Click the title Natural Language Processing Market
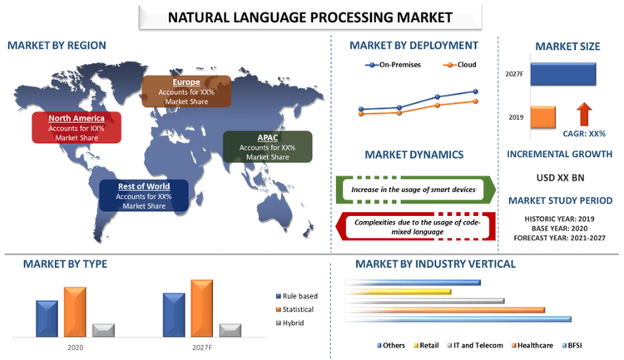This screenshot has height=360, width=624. (x=310, y=16)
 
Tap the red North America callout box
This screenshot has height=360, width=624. (x=77, y=127)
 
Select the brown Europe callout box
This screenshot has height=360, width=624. (x=186, y=91)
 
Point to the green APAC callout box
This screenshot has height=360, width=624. (x=266, y=146)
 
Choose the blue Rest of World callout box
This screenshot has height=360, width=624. (x=142, y=195)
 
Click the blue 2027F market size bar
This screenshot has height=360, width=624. (x=562, y=74)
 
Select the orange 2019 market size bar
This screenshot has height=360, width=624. (x=542, y=117)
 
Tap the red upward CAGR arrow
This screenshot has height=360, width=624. (x=584, y=114)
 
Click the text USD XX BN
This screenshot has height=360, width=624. (x=560, y=178)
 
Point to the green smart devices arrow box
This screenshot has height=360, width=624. (x=415, y=190)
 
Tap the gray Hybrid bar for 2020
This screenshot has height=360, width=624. (x=102, y=330)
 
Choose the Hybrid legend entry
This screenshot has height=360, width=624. (x=292, y=323)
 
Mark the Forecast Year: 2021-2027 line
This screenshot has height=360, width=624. (x=559, y=238)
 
